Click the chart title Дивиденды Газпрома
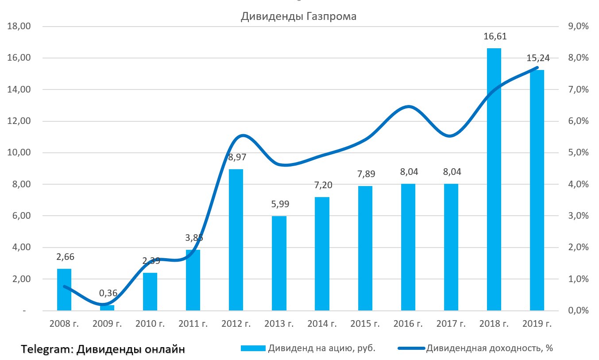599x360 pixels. [x=298, y=17]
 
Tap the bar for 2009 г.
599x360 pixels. [x=107, y=308]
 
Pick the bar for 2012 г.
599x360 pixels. [x=236, y=240]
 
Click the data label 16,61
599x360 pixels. [x=495, y=37]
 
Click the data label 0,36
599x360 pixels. [x=108, y=293]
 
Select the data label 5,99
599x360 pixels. [x=279, y=205]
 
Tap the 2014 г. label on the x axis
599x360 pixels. [x=322, y=324]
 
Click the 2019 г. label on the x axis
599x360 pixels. [x=537, y=324]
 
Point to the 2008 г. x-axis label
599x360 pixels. [x=64, y=324]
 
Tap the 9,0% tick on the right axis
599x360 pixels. [x=578, y=27]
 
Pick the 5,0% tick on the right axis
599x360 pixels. [x=578, y=153]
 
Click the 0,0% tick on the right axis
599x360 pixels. [x=578, y=311]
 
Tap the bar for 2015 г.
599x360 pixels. [x=365, y=248]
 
